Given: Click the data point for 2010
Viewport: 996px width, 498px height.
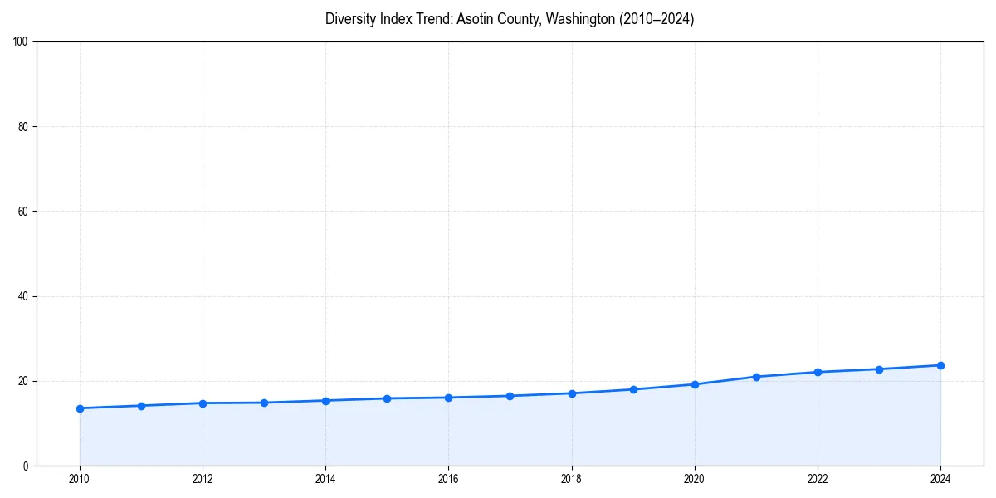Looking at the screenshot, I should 80,408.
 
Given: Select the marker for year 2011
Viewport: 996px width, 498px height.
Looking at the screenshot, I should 141,406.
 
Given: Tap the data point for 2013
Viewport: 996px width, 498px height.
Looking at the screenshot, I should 264,403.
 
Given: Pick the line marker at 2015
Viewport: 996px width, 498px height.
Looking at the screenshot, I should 387,398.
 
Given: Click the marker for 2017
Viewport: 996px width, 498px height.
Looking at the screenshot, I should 510,396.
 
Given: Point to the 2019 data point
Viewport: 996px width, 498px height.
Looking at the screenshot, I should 633,389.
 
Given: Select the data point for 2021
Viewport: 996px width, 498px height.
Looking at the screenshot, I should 756,377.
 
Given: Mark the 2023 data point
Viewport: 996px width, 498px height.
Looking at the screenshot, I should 879,369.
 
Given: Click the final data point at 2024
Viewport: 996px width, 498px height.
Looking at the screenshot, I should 940,365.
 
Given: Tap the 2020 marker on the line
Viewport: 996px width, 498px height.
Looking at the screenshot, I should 695,384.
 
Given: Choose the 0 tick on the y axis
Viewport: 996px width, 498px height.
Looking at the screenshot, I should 27,466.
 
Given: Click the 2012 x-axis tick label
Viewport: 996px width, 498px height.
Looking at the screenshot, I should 203,479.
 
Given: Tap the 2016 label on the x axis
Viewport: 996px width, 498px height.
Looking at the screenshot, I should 448,479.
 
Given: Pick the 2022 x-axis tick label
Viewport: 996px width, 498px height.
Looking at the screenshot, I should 818,479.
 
